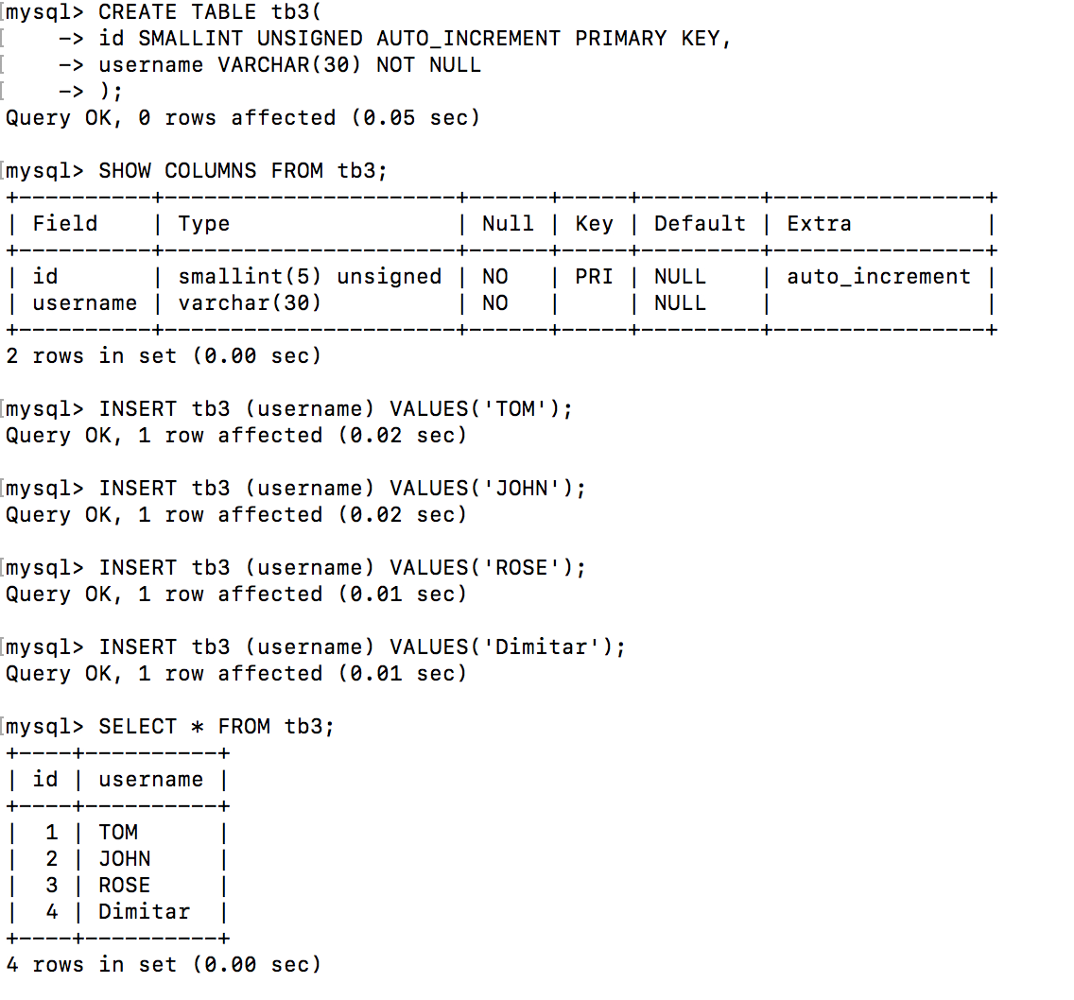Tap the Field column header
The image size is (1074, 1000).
pyautogui.click(x=64, y=224)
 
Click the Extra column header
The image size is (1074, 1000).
pyautogui.click(x=819, y=224)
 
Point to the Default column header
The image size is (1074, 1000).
pyautogui.click(x=700, y=224)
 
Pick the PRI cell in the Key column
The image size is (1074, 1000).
pyautogui.click(x=594, y=277)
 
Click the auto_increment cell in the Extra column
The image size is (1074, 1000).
pyautogui.click(x=878, y=277)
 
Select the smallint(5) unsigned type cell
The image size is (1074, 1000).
pyautogui.click(x=309, y=277)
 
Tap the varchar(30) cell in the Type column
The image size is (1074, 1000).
pyautogui.click(x=250, y=303)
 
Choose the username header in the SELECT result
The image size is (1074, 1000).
pyautogui.click(x=150, y=780)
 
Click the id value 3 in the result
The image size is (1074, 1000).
pyautogui.click(x=51, y=886)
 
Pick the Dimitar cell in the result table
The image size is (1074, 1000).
pyautogui.click(x=144, y=912)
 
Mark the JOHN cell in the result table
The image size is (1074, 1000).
pyautogui.click(x=124, y=859)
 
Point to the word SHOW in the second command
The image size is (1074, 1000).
pyautogui.click(x=124, y=171)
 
